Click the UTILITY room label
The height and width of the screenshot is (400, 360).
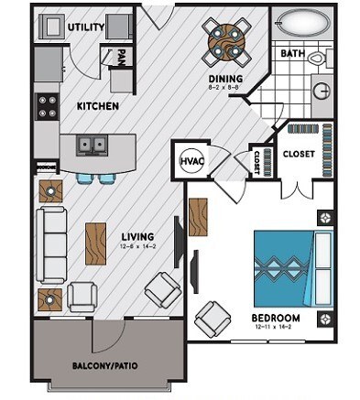pyautogui.click(x=85, y=27)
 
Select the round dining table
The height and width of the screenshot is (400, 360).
pyautogui.click(x=224, y=41)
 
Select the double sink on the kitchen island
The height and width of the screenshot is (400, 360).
pyautogui.click(x=90, y=144)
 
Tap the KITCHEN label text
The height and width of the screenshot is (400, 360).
pyautogui.click(x=97, y=107)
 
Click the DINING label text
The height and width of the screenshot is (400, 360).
pyautogui.click(x=224, y=79)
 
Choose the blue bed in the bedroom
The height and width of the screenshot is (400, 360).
pyautogui.click(x=291, y=264)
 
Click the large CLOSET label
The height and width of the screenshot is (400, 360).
pyautogui.click(x=300, y=153)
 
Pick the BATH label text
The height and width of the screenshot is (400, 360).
pyautogui.click(x=292, y=54)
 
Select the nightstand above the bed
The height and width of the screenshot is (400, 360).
pyautogui.click(x=323, y=218)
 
